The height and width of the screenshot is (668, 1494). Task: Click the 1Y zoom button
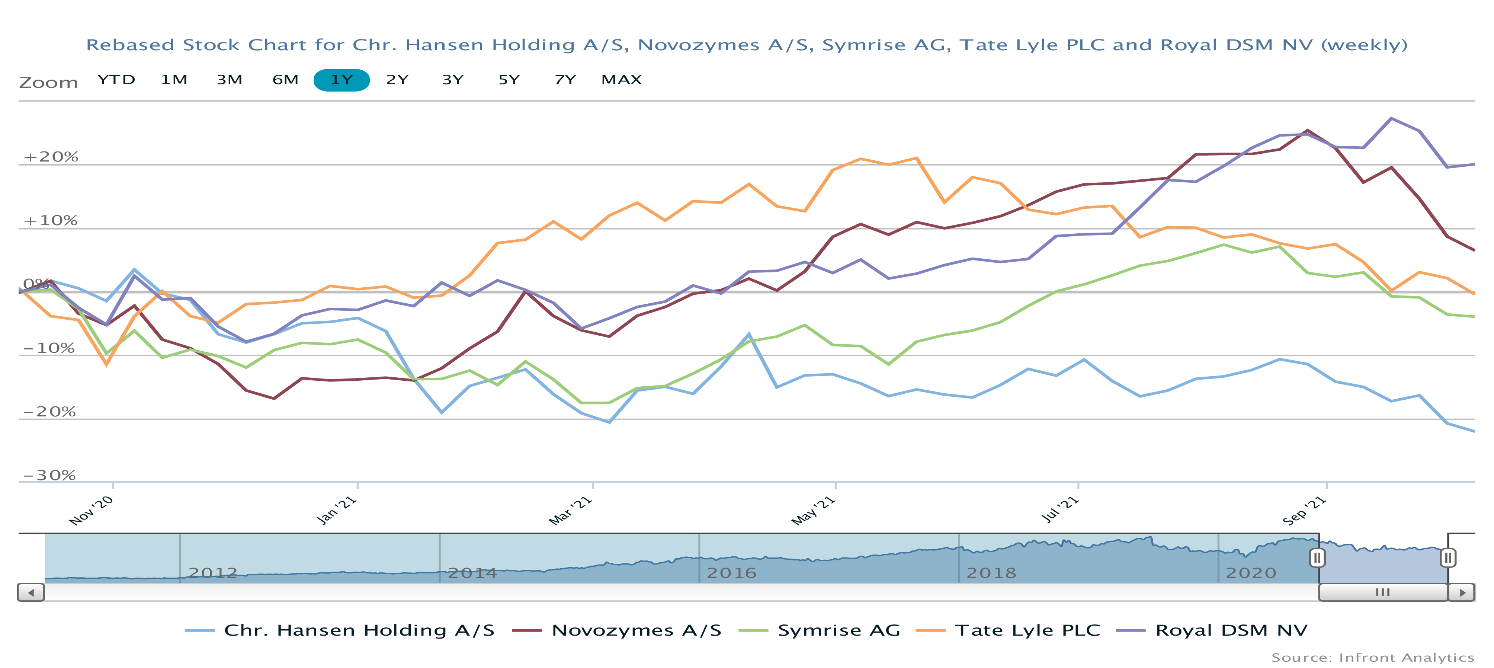[341, 80]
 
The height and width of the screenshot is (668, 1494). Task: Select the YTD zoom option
[116, 80]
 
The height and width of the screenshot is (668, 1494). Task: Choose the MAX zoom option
[621, 80]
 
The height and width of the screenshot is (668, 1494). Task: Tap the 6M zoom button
[285, 80]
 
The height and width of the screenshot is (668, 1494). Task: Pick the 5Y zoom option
[509, 80]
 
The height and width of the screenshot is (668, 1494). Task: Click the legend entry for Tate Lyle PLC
[1027, 630]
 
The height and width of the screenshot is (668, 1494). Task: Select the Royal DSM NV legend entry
[1231, 630]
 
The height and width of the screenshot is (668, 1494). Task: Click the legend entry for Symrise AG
[838, 630]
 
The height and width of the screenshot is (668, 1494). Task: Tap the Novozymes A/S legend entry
[636, 630]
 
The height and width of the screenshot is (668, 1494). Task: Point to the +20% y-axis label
[51, 157]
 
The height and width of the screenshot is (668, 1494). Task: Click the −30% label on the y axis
[49, 475]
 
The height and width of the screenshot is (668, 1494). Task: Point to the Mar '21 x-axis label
[571, 511]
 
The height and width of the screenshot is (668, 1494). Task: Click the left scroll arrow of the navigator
[31, 592]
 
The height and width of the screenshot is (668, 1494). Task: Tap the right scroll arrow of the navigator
[1462, 592]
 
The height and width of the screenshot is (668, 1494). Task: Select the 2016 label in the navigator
[731, 573]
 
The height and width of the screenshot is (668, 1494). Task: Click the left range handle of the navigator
[1317, 558]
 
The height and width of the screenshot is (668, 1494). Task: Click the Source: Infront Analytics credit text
[1373, 658]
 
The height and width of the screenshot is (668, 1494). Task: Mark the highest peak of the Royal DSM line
[1391, 118]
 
